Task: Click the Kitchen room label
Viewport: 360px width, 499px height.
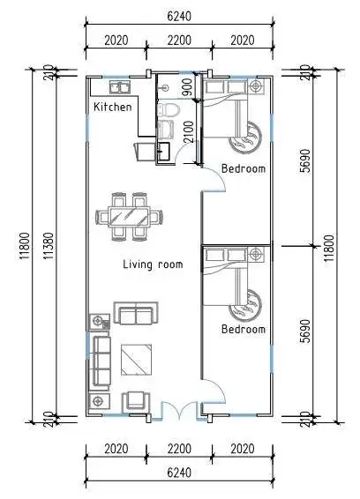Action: pyautogui.click(x=112, y=107)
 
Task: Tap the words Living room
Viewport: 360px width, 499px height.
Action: pyautogui.click(x=153, y=264)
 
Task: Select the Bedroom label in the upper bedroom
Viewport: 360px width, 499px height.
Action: pyautogui.click(x=244, y=168)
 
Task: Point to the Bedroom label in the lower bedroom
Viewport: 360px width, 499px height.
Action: pyautogui.click(x=244, y=329)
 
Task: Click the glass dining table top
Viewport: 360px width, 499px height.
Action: pyautogui.click(x=129, y=216)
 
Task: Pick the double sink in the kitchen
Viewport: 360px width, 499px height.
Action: pyautogui.click(x=120, y=87)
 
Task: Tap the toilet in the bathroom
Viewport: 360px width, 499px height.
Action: pyautogui.click(x=169, y=110)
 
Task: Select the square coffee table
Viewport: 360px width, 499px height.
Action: pyautogui.click(x=136, y=360)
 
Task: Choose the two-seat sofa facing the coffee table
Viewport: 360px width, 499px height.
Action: pyautogui.click(x=136, y=313)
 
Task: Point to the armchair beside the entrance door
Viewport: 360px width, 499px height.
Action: pyautogui.click(x=136, y=402)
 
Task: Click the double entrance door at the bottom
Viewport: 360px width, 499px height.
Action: pyautogui.click(x=180, y=411)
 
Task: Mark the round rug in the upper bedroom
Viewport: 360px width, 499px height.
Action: pyautogui.click(x=246, y=138)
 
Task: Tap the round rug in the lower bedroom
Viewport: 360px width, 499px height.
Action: pyautogui.click(x=246, y=306)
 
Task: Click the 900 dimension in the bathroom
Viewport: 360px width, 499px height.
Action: pyautogui.click(x=187, y=87)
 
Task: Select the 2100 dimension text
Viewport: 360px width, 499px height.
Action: pyautogui.click(x=189, y=131)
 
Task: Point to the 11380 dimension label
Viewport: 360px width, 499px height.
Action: pyautogui.click(x=49, y=246)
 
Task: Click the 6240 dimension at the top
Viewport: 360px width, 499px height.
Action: pyautogui.click(x=179, y=16)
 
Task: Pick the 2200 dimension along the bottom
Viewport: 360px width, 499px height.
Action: pyautogui.click(x=179, y=449)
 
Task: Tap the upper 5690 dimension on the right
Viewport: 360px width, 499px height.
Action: pyautogui.click(x=305, y=160)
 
